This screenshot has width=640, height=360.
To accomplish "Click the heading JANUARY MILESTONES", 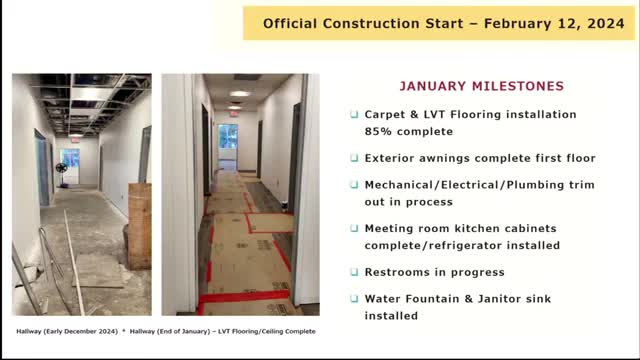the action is point(482,86).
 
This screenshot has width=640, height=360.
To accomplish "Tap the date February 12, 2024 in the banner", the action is point(554,24).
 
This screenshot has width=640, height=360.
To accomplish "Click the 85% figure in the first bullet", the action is point(379,131).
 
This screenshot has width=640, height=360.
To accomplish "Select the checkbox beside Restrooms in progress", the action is point(354,272).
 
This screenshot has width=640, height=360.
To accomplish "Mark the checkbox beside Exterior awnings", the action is point(354,158).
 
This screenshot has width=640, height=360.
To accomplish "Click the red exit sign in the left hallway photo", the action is point(75,140).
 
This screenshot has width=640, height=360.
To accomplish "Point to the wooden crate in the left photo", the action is point(140,226).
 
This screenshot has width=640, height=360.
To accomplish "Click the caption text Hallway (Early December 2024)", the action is point(67,331).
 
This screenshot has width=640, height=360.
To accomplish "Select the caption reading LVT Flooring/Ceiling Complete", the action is point(267,331).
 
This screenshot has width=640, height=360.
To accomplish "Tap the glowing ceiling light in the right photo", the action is point(239,94).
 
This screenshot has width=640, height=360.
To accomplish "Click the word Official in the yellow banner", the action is point(290,24).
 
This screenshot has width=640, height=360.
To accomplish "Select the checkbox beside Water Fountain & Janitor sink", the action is point(354,299).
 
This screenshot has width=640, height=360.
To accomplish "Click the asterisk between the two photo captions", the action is point(124,331).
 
